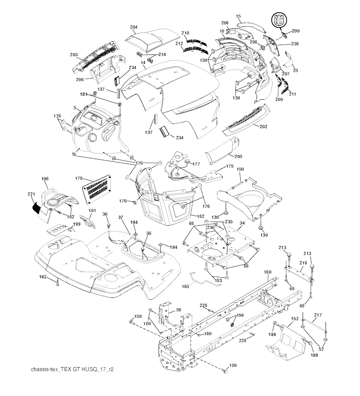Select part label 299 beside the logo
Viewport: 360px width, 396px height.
click(x=295, y=31)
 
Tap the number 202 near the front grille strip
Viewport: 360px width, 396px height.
click(x=264, y=126)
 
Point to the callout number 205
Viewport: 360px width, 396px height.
click(x=238, y=156)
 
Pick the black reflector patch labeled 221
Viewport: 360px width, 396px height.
click(x=37, y=207)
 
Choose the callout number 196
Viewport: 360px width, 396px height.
click(x=45, y=179)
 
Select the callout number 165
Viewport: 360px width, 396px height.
click(x=186, y=287)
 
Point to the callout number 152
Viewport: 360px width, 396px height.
click(x=295, y=319)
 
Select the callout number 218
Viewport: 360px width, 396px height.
click(x=303, y=263)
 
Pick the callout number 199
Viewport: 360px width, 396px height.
click(x=76, y=225)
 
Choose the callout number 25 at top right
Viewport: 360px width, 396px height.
click(x=295, y=71)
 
